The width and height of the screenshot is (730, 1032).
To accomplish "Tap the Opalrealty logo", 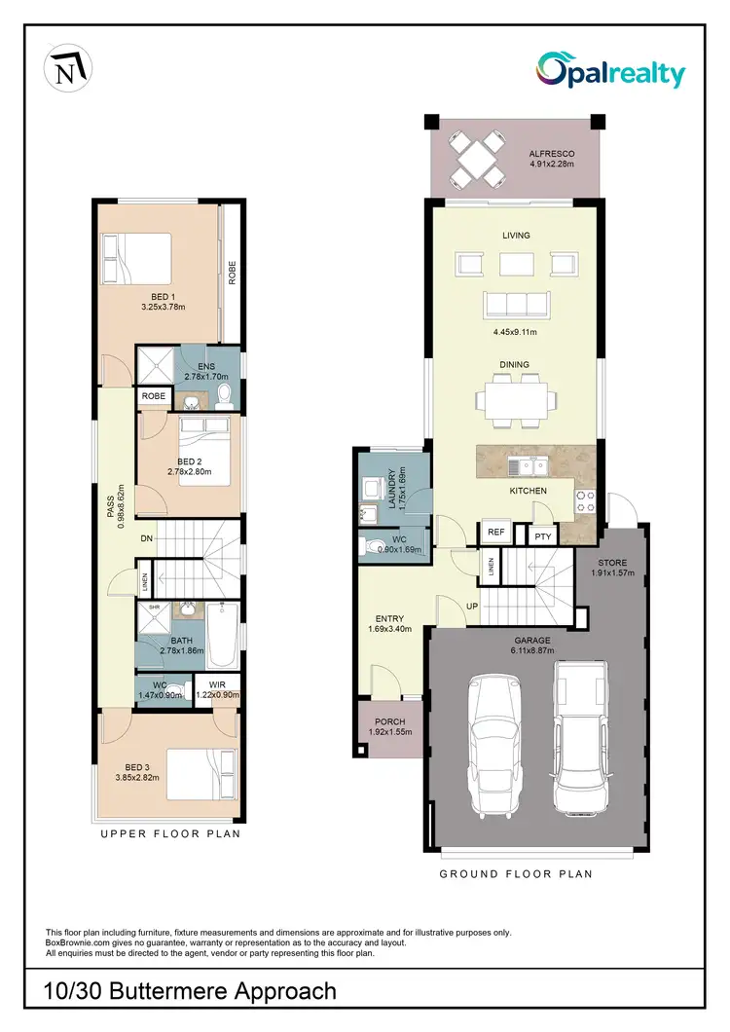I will tap(611, 72).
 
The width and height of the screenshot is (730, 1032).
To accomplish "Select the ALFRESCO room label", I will tap(552, 154).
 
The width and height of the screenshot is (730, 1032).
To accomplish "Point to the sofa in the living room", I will tap(516, 306).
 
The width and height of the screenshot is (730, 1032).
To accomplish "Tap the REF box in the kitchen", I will tap(496, 533).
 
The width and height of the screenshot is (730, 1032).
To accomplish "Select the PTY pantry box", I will tap(540, 534).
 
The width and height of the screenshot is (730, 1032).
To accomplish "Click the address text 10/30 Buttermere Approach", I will tap(191, 991).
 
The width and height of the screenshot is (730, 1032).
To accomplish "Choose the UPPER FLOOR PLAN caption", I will tap(170, 833).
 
